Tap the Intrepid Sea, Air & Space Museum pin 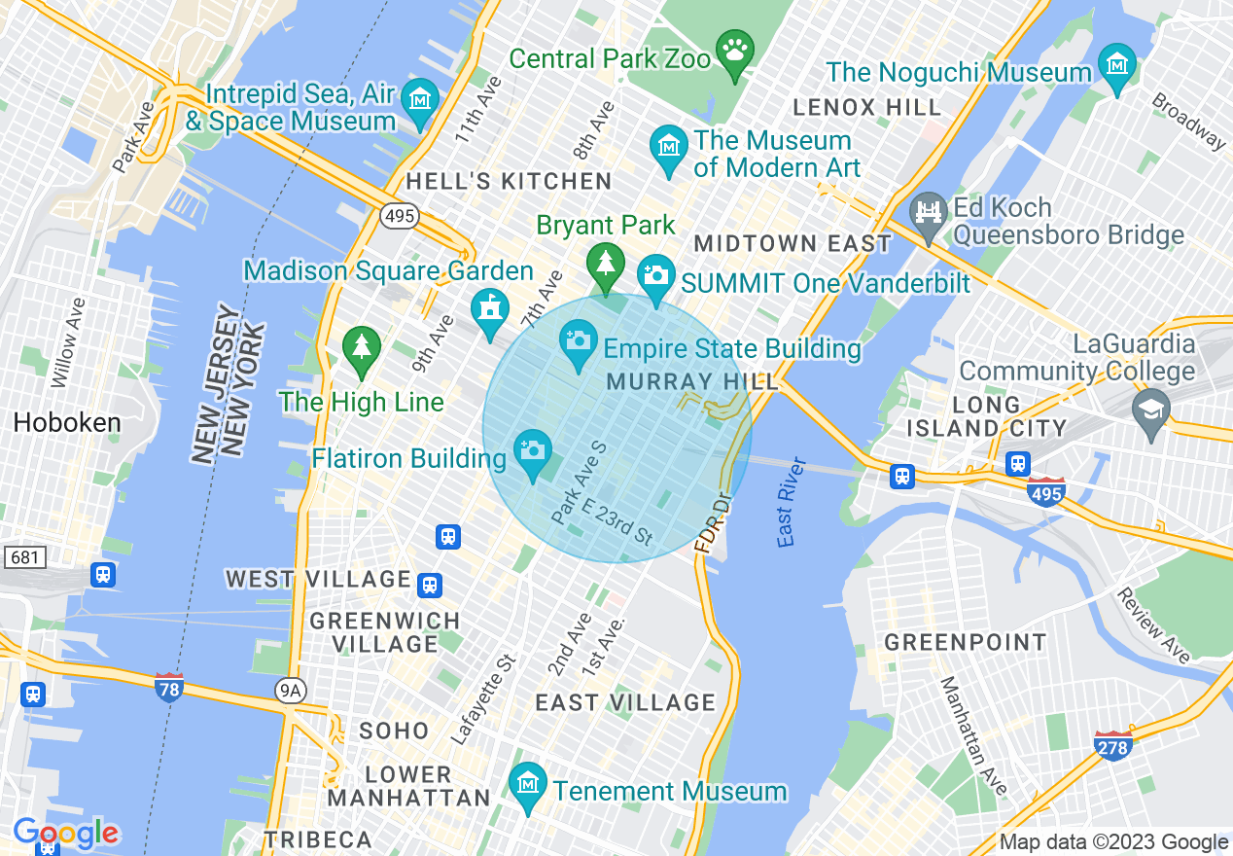(x=420, y=100)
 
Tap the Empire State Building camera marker (x=580, y=341)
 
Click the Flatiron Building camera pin (x=532, y=451)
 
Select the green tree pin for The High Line (x=362, y=346)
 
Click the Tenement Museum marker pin (x=528, y=783)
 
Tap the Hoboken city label (x=67, y=422)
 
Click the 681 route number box (x=24, y=557)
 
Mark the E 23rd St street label (x=616, y=521)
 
